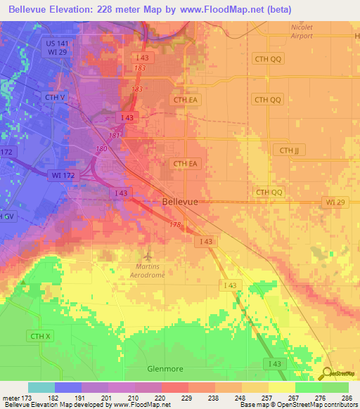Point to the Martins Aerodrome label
pos(148,271)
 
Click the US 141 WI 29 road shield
pos(58,48)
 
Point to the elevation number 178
pos(176,225)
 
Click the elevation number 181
pos(113,135)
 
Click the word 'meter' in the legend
pos(10,398)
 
